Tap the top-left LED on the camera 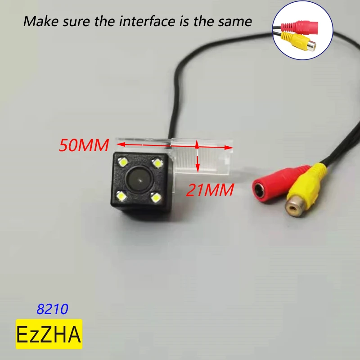pyautogui.click(x=122, y=161)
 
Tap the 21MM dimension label pyautogui.click(x=210, y=190)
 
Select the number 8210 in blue pyautogui.click(x=52, y=309)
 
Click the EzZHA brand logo pyautogui.click(x=49, y=334)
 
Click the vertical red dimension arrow pyautogui.click(x=197, y=156)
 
